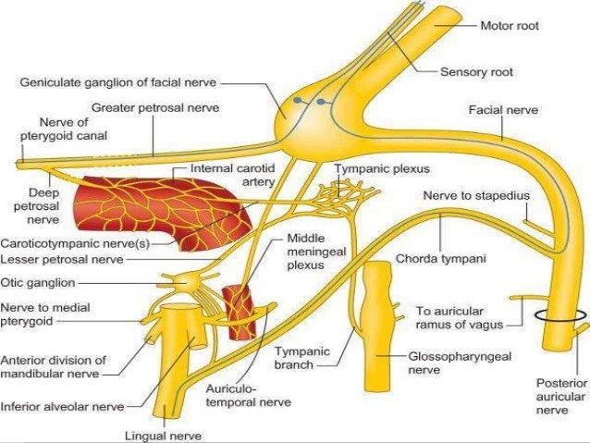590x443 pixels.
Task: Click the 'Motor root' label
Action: point(509,25)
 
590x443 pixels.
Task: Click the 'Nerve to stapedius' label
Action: point(466,196)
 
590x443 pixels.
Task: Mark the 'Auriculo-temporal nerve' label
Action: point(261,395)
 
